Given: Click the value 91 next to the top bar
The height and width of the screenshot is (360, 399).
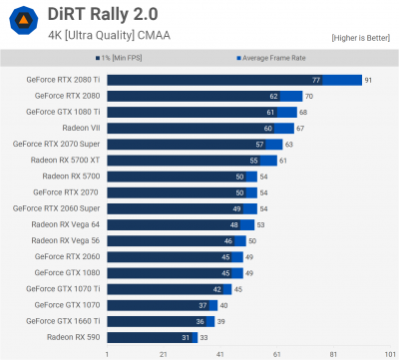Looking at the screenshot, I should pyautogui.click(x=368, y=80).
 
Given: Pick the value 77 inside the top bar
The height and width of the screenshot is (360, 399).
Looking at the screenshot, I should pyautogui.click(x=316, y=80).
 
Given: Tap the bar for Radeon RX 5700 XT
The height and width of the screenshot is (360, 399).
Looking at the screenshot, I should pyautogui.click(x=190, y=160).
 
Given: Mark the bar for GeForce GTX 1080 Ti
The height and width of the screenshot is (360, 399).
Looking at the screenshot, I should pyautogui.click(x=199, y=112).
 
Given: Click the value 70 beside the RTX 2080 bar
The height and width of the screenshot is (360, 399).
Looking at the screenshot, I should pyautogui.click(x=309, y=96).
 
